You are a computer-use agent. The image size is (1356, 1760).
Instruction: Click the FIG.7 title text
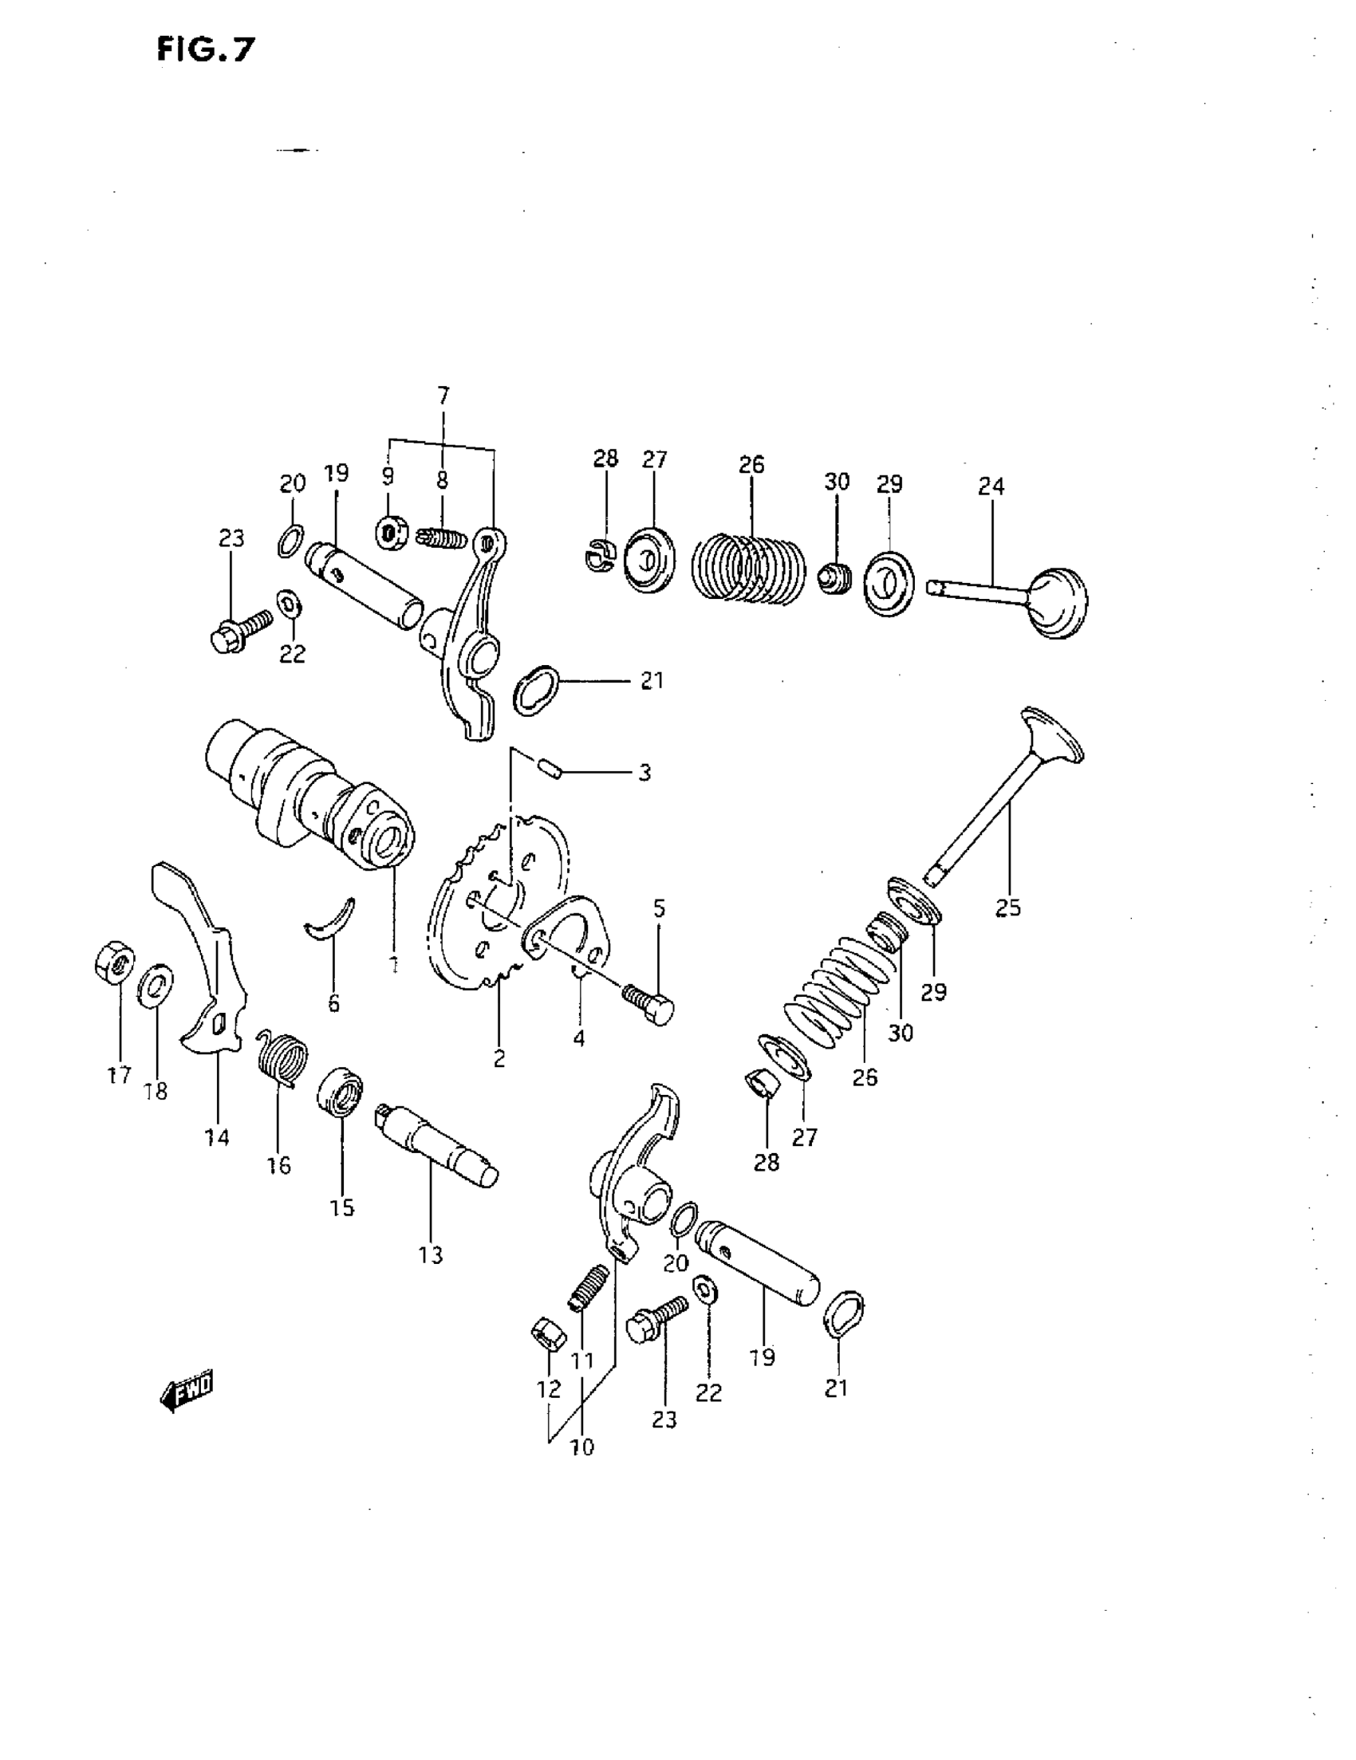(206, 50)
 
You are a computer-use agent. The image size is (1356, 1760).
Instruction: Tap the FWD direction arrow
(187, 1389)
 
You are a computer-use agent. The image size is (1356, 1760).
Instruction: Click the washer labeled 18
(156, 983)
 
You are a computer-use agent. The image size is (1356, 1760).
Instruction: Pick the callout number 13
(432, 1254)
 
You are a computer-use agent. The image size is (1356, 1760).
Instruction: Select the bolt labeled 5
(650, 1004)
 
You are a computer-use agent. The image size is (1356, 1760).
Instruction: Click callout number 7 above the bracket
(443, 396)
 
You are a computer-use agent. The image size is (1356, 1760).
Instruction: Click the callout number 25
(1007, 908)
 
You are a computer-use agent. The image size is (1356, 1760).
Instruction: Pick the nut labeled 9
(392, 534)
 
